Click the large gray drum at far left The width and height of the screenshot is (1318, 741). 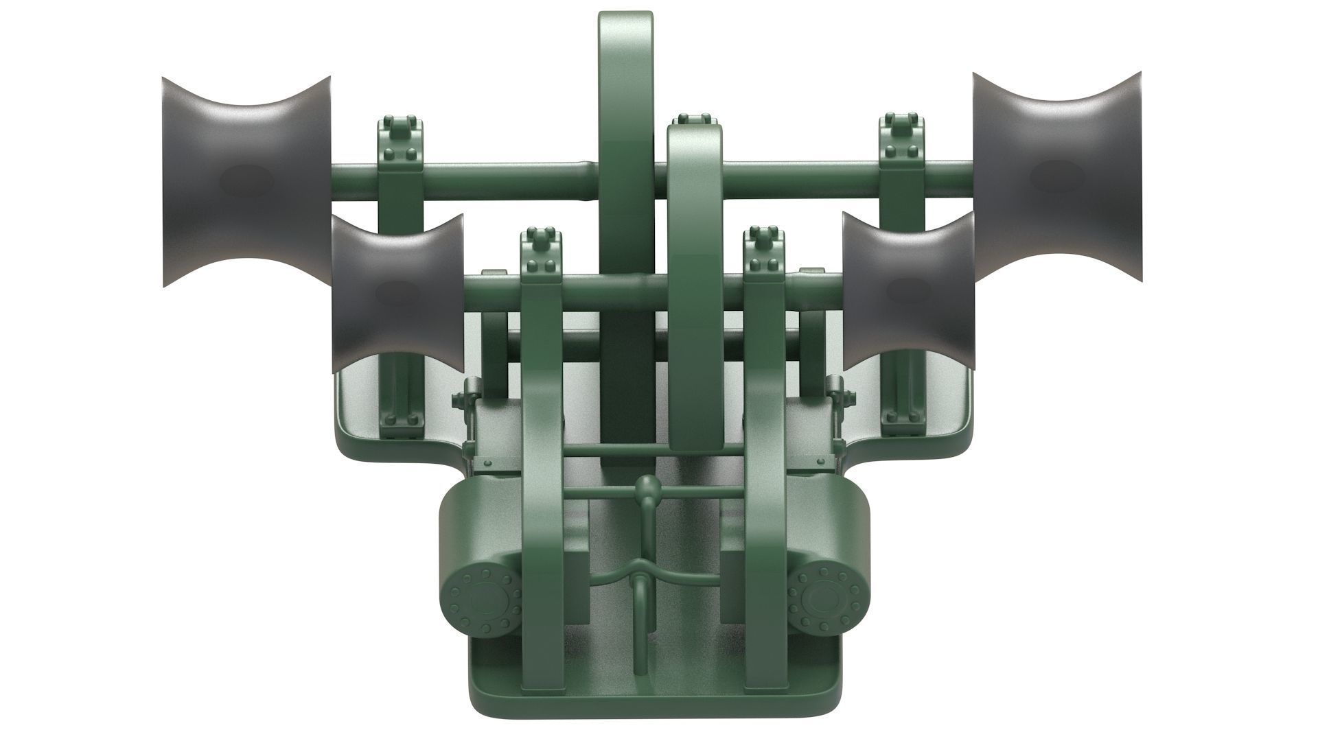tap(246, 182)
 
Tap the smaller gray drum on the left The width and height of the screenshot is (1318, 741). tap(397, 294)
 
